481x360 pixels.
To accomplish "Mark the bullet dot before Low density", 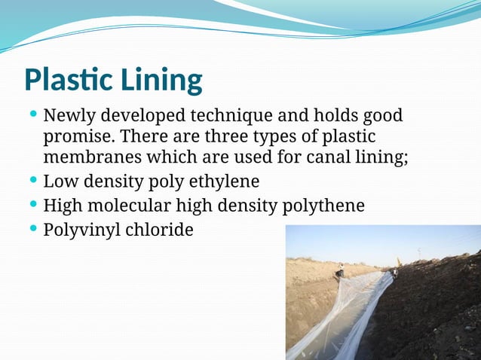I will pos(32,180).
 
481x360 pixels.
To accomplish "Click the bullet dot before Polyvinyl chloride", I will pos(32,227).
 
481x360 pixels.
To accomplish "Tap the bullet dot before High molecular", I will pos(32,203).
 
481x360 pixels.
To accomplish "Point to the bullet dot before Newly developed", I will pos(32,114).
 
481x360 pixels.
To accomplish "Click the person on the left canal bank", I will pos(340,270).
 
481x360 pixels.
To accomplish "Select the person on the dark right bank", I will pos(394,273).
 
